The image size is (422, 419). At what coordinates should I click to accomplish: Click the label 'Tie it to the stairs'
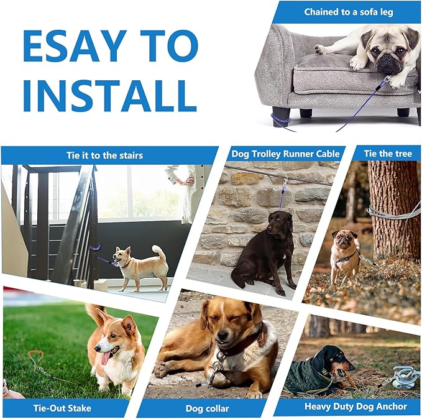pos(104,155)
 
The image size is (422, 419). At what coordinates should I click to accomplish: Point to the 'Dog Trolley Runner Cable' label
pos(285,154)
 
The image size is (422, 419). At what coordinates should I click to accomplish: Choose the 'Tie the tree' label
pos(388,154)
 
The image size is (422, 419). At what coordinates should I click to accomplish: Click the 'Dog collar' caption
pos(208,408)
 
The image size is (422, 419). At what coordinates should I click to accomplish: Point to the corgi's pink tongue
pos(106,357)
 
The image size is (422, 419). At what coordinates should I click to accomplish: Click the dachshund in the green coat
pos(317,371)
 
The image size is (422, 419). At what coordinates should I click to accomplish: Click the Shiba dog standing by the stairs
pos(142,264)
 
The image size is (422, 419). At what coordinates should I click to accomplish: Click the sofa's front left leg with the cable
pos(281,116)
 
